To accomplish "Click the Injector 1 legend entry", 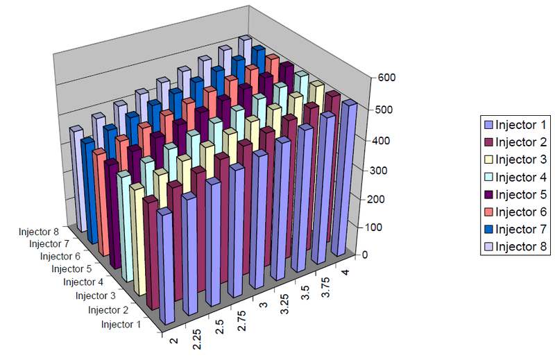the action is pos(515,125).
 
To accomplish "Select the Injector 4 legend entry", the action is pos(515,177).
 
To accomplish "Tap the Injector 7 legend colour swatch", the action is pos(488,230).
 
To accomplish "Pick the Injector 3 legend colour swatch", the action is pos(488,160).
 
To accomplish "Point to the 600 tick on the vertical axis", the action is pos(386,78).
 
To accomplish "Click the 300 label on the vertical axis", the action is pos(379,171).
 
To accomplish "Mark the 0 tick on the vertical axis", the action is pos(365,255).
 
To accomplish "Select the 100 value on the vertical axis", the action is pos(373,228).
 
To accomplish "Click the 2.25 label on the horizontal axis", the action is pos(196,339).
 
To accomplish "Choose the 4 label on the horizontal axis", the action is pos(345,272).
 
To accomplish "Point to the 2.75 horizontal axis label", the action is pos(241,320).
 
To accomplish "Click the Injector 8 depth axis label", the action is pos(39,232).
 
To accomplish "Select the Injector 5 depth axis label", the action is pos(71,269).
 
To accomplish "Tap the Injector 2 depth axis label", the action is pos(108,310).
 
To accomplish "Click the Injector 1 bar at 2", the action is pos(166,266).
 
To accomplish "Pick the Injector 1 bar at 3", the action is pos(258,219).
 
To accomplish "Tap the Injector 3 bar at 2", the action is pos(137,239).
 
